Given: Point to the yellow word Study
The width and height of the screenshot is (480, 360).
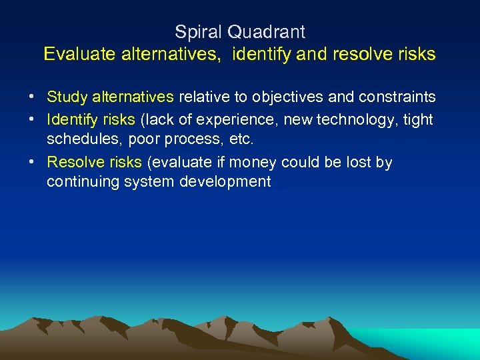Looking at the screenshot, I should pyautogui.click(x=65, y=97).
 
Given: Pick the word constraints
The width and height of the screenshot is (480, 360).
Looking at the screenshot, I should pyautogui.click(x=397, y=97).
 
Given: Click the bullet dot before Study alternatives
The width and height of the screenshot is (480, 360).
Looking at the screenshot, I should pyautogui.click(x=32, y=97).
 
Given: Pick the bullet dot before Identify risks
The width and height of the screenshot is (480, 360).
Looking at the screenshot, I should pyautogui.click(x=32, y=119).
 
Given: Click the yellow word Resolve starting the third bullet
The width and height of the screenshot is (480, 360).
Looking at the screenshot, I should pyautogui.click(x=71, y=163).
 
